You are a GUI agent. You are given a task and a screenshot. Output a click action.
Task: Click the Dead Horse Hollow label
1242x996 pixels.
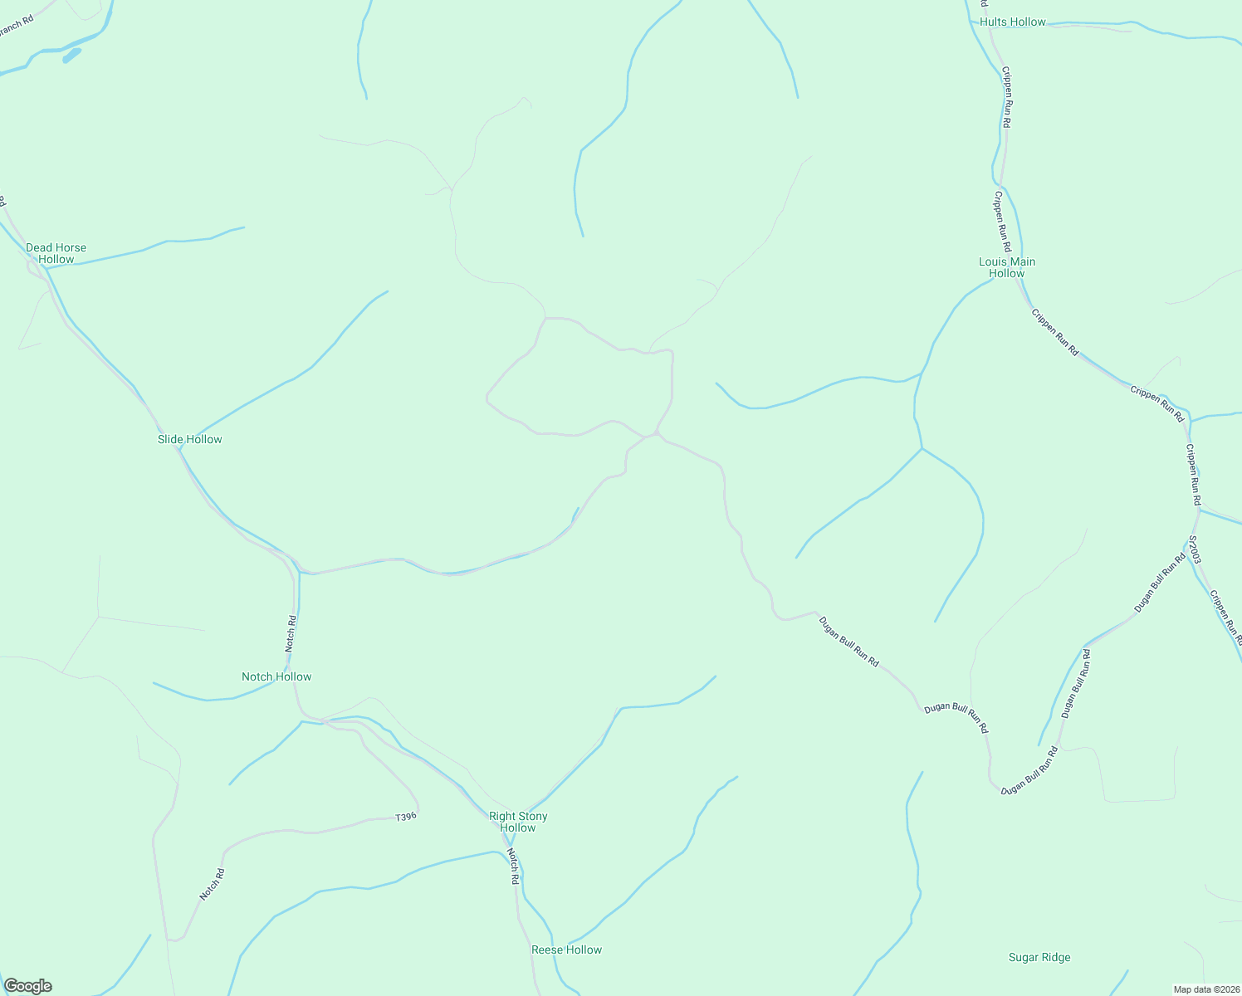click(56, 253)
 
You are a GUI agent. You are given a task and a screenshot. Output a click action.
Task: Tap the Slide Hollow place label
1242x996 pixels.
click(190, 439)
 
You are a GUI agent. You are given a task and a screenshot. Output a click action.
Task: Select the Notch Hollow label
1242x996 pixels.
click(276, 676)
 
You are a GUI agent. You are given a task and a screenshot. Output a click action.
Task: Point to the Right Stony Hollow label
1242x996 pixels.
click(518, 822)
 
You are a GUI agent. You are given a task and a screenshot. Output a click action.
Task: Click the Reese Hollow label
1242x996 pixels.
click(566, 950)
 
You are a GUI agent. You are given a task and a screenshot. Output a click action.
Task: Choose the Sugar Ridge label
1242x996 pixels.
click(1039, 957)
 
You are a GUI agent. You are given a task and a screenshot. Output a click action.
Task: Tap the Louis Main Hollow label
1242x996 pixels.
click(1007, 267)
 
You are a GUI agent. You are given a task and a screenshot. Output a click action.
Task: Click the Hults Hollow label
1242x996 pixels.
click(1013, 22)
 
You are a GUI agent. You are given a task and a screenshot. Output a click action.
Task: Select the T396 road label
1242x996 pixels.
click(405, 818)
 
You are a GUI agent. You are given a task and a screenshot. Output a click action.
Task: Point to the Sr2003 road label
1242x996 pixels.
click(1194, 549)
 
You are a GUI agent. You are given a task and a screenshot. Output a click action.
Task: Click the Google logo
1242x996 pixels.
click(28, 986)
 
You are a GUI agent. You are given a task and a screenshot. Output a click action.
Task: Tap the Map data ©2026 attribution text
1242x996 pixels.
click(1205, 989)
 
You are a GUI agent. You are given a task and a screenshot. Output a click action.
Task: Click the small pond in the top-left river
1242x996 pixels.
click(72, 56)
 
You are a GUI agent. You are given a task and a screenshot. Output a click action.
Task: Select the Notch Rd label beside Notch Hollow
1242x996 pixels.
click(291, 632)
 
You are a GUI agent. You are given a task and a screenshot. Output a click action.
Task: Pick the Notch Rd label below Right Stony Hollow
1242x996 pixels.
click(513, 866)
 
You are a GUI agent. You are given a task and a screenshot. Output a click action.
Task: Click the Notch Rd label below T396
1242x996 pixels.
click(212, 885)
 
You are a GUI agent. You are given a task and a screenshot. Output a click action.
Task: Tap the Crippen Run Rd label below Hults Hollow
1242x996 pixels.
click(1006, 96)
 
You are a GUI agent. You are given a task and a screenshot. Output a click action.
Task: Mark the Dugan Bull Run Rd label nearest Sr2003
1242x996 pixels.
click(1161, 584)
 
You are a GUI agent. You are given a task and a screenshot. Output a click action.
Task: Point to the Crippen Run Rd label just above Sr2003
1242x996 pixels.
click(1193, 475)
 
